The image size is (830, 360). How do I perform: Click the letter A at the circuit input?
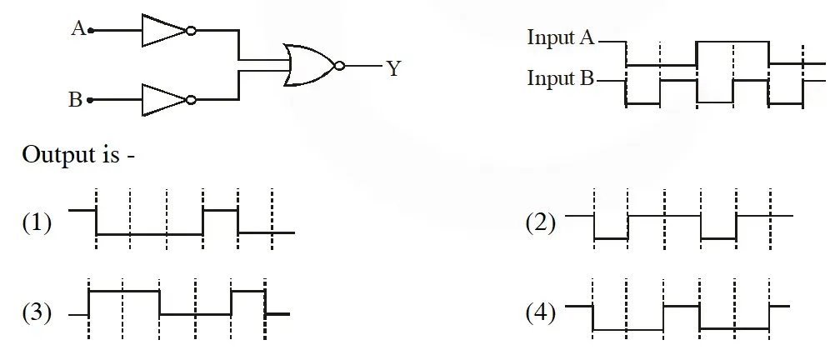point(78,27)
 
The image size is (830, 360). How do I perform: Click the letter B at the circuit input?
point(75,99)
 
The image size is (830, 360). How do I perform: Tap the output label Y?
point(393,68)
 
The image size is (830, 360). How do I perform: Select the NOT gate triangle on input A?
point(164,31)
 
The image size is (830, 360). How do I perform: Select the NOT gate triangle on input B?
point(164,99)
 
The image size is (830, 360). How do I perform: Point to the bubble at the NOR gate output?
point(339,66)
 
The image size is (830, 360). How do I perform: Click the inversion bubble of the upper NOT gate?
point(191,31)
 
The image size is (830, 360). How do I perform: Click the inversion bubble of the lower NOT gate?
point(191,99)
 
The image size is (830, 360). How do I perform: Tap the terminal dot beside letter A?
point(91,31)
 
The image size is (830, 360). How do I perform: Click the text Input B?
point(561,78)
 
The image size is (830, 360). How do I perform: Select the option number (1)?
point(37,222)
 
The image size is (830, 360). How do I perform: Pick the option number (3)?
point(37,313)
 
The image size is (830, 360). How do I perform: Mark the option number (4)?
point(541,313)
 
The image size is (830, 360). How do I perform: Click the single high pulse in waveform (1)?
point(220,210)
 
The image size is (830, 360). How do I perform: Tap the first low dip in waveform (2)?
point(611,239)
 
